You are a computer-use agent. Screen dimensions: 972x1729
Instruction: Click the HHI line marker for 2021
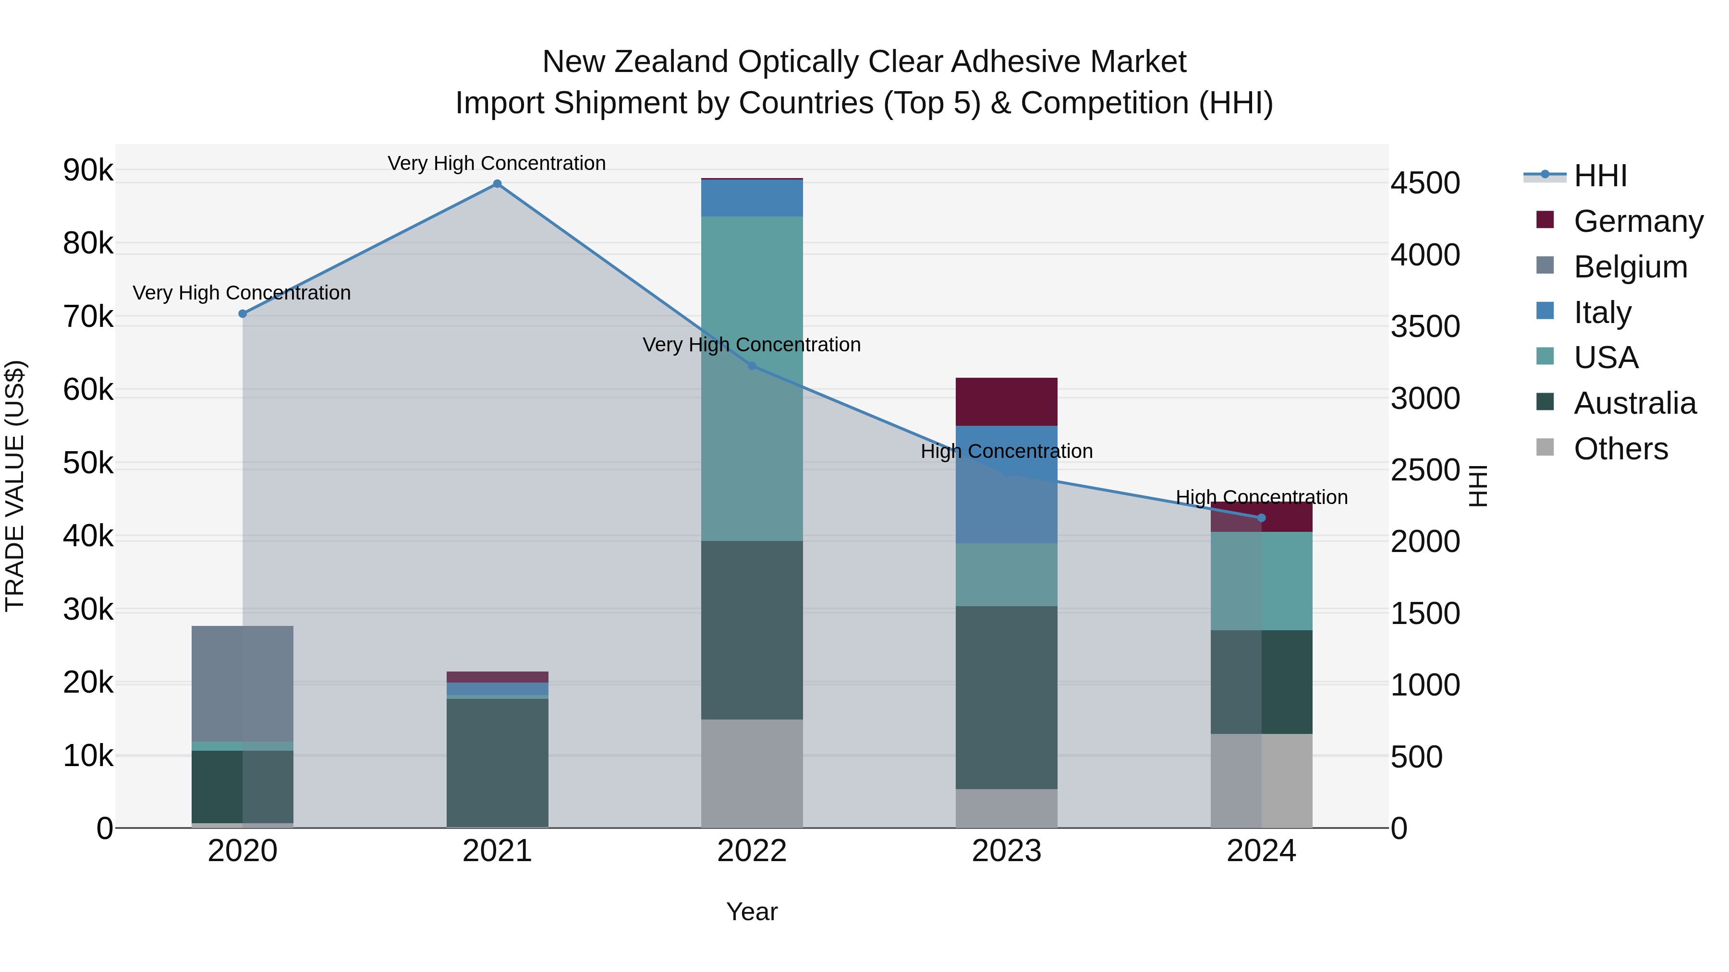[x=497, y=184]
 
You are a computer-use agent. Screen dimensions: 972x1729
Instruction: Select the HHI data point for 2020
[x=243, y=314]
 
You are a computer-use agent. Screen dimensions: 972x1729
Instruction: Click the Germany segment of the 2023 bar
[x=1006, y=401]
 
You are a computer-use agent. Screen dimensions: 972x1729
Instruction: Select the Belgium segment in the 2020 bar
[x=243, y=683]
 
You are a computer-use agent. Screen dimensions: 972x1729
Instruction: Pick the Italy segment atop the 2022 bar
[x=752, y=198]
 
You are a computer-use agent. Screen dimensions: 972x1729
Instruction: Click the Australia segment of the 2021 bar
[x=497, y=762]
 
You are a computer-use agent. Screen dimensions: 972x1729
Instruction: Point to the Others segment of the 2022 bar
[x=752, y=773]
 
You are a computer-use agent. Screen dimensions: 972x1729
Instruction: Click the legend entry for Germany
[x=1638, y=221]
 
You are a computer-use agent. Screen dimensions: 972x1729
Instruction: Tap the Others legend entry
[x=1620, y=449]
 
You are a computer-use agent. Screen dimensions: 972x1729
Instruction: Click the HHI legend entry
[x=1600, y=176]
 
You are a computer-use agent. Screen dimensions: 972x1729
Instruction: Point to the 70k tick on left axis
[x=88, y=317]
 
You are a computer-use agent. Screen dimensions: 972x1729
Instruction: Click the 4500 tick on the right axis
[x=1425, y=183]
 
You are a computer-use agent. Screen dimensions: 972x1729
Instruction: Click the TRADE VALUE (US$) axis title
[x=15, y=486]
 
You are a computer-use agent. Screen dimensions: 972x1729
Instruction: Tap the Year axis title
[x=752, y=912]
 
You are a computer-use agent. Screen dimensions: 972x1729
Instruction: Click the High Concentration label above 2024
[x=1261, y=497]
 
